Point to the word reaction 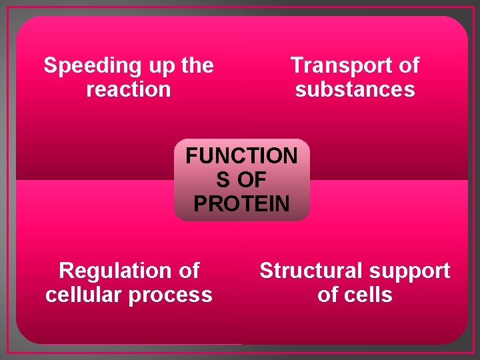[x=129, y=89]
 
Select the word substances [x=355, y=89]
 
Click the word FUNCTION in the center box [x=241, y=156]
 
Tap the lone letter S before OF [x=223, y=180]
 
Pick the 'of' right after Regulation [x=187, y=271]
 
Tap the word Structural [x=307, y=271]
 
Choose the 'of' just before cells [x=329, y=295]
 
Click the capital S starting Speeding [x=50, y=66]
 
